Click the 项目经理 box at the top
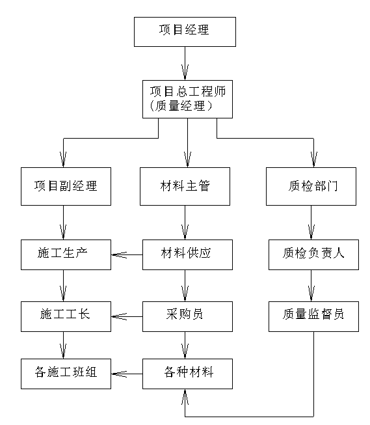(185, 32)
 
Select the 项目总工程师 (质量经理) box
(187, 99)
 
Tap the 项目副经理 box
(66, 186)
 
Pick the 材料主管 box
(185, 186)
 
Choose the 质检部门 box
(311, 186)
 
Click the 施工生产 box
(66, 254)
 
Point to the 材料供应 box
(187, 254)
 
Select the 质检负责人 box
(313, 254)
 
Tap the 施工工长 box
(66, 316)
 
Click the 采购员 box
(187, 316)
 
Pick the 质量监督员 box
(313, 316)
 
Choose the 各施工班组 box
(66, 374)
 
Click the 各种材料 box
(187, 374)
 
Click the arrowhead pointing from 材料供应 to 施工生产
(119, 254)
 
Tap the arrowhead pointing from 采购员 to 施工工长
(119, 316)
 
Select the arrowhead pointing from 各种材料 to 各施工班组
(119, 374)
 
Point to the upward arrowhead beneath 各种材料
(185, 397)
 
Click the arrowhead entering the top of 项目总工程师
(185, 72)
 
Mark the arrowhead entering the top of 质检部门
(314, 159)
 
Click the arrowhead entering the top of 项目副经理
(63, 159)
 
